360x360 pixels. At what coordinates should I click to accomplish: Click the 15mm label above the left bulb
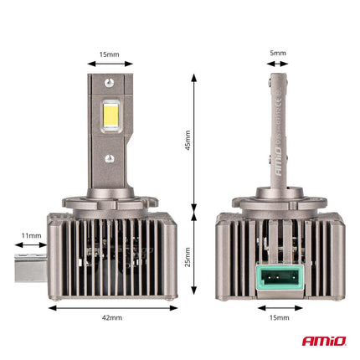pyautogui.click(x=110, y=53)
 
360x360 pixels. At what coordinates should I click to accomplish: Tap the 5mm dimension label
pyautogui.click(x=279, y=53)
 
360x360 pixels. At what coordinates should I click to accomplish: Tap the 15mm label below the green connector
pyautogui.click(x=279, y=318)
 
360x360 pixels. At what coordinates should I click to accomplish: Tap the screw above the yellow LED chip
pyautogui.click(x=109, y=82)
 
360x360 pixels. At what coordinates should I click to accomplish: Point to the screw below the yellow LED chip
pyautogui.click(x=109, y=157)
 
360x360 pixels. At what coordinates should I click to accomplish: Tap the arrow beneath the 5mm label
pyautogui.click(x=279, y=64)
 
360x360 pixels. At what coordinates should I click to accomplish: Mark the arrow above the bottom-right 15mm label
pyautogui.click(x=279, y=306)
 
